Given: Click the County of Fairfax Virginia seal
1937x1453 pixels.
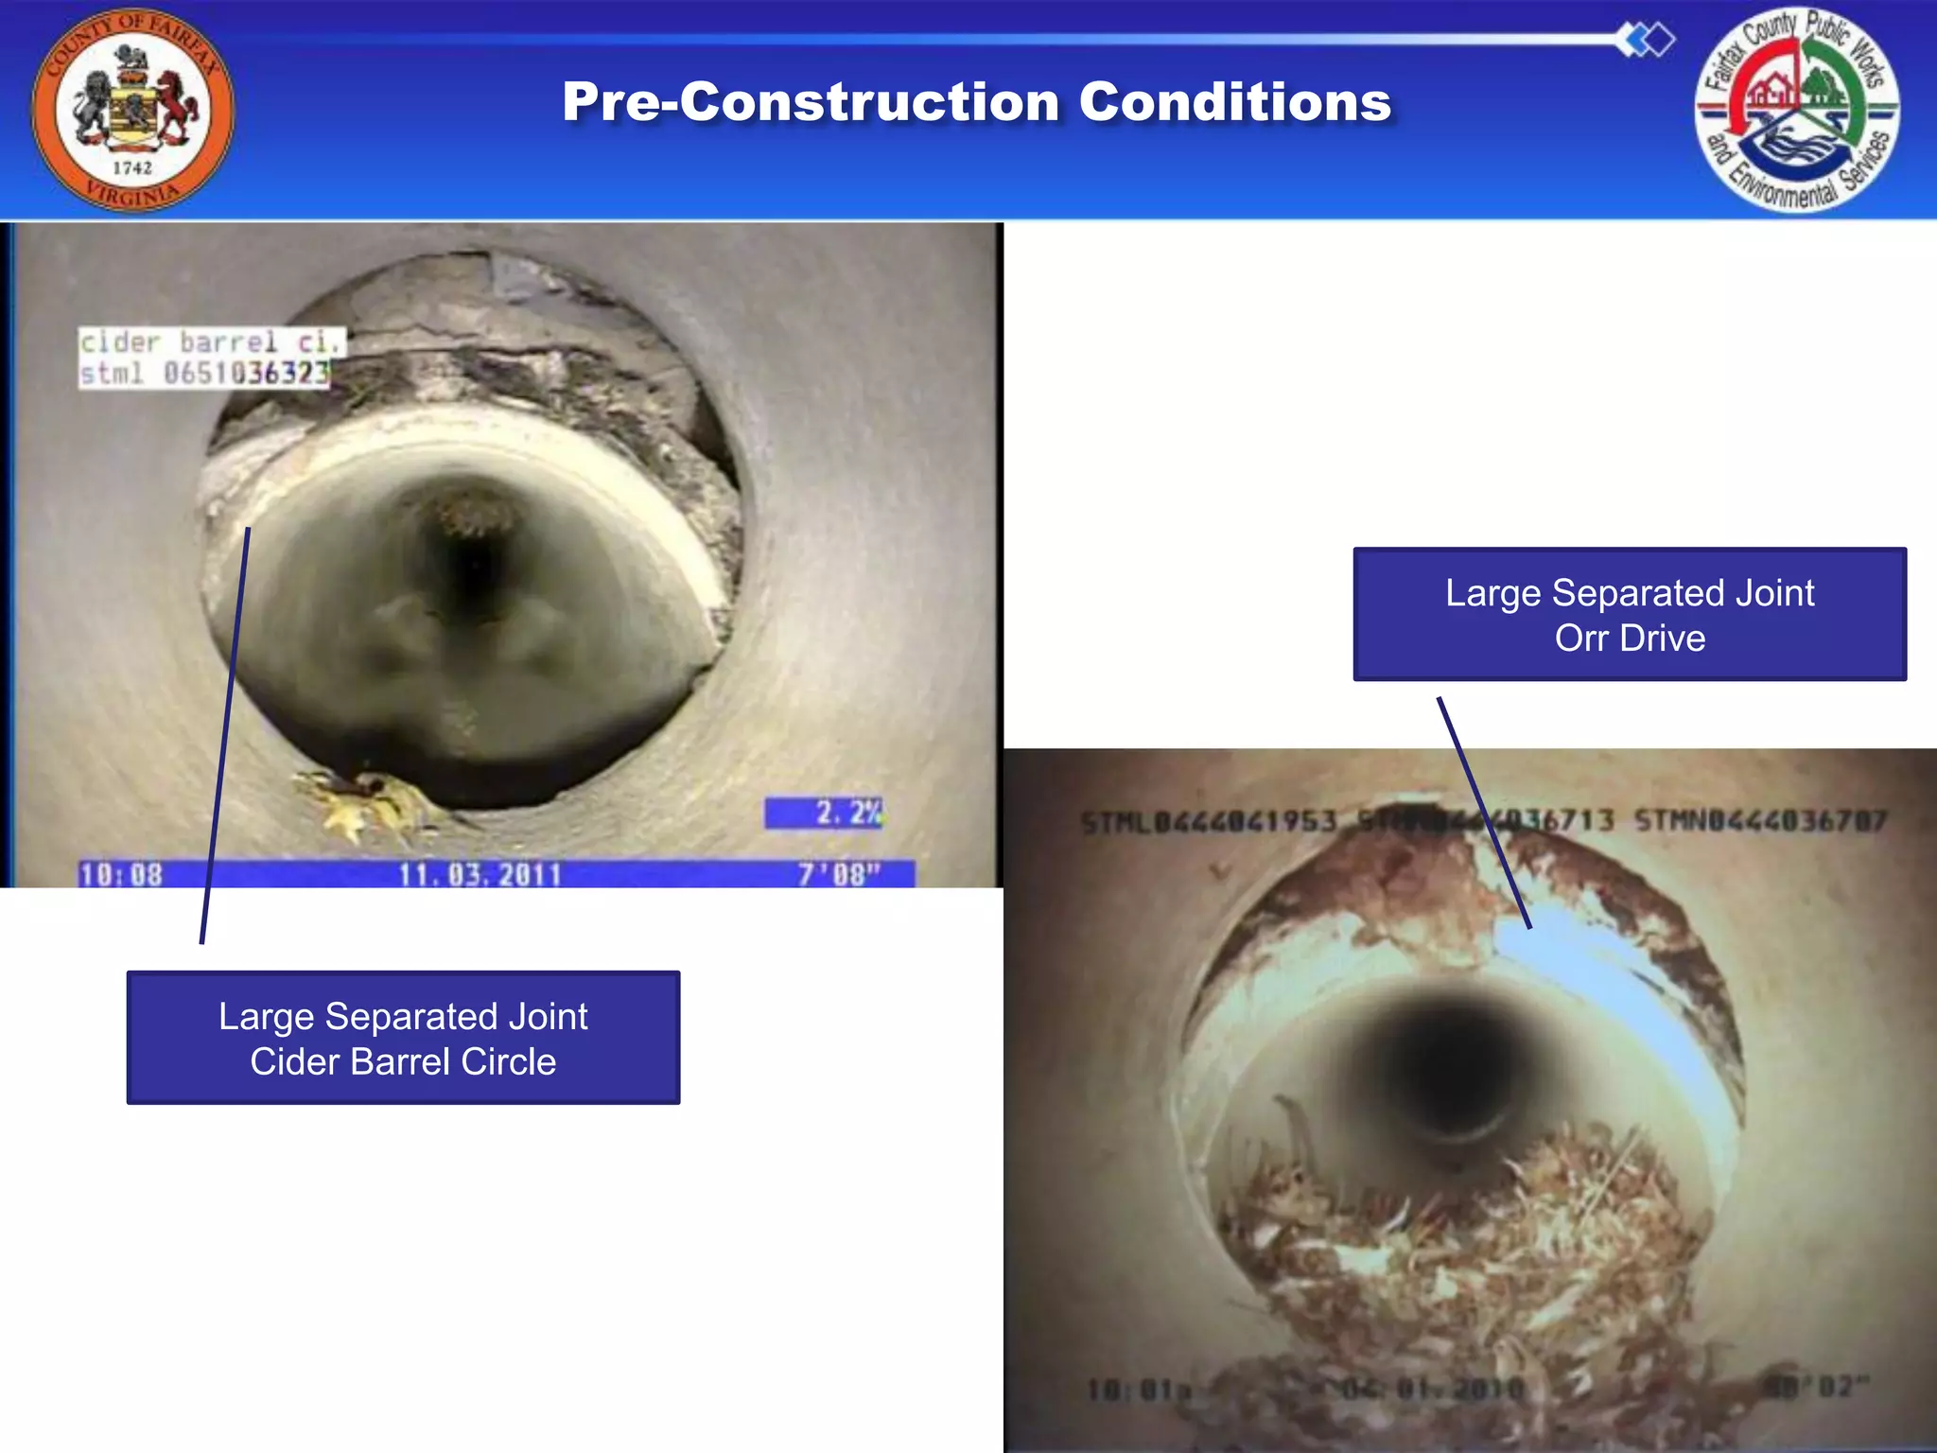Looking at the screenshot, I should (132, 110).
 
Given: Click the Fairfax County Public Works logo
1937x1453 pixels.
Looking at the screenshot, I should (1797, 110).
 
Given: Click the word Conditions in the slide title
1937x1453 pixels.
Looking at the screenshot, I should (1234, 101).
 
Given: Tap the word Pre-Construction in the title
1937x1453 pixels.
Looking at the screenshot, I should (810, 101).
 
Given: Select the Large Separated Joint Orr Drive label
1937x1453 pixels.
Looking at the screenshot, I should (1629, 614).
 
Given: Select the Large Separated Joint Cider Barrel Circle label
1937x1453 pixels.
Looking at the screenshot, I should (403, 1038).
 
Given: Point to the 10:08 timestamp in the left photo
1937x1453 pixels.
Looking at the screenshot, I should (121, 874).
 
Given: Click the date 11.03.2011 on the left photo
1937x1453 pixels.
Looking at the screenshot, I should (480, 874).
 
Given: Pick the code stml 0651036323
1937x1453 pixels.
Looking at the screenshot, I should (205, 373).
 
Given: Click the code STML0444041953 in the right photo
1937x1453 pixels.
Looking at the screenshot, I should (1209, 821).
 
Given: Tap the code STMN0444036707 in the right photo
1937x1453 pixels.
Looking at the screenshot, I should (1760, 820).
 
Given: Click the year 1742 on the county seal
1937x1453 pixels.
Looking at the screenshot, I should (132, 167).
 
